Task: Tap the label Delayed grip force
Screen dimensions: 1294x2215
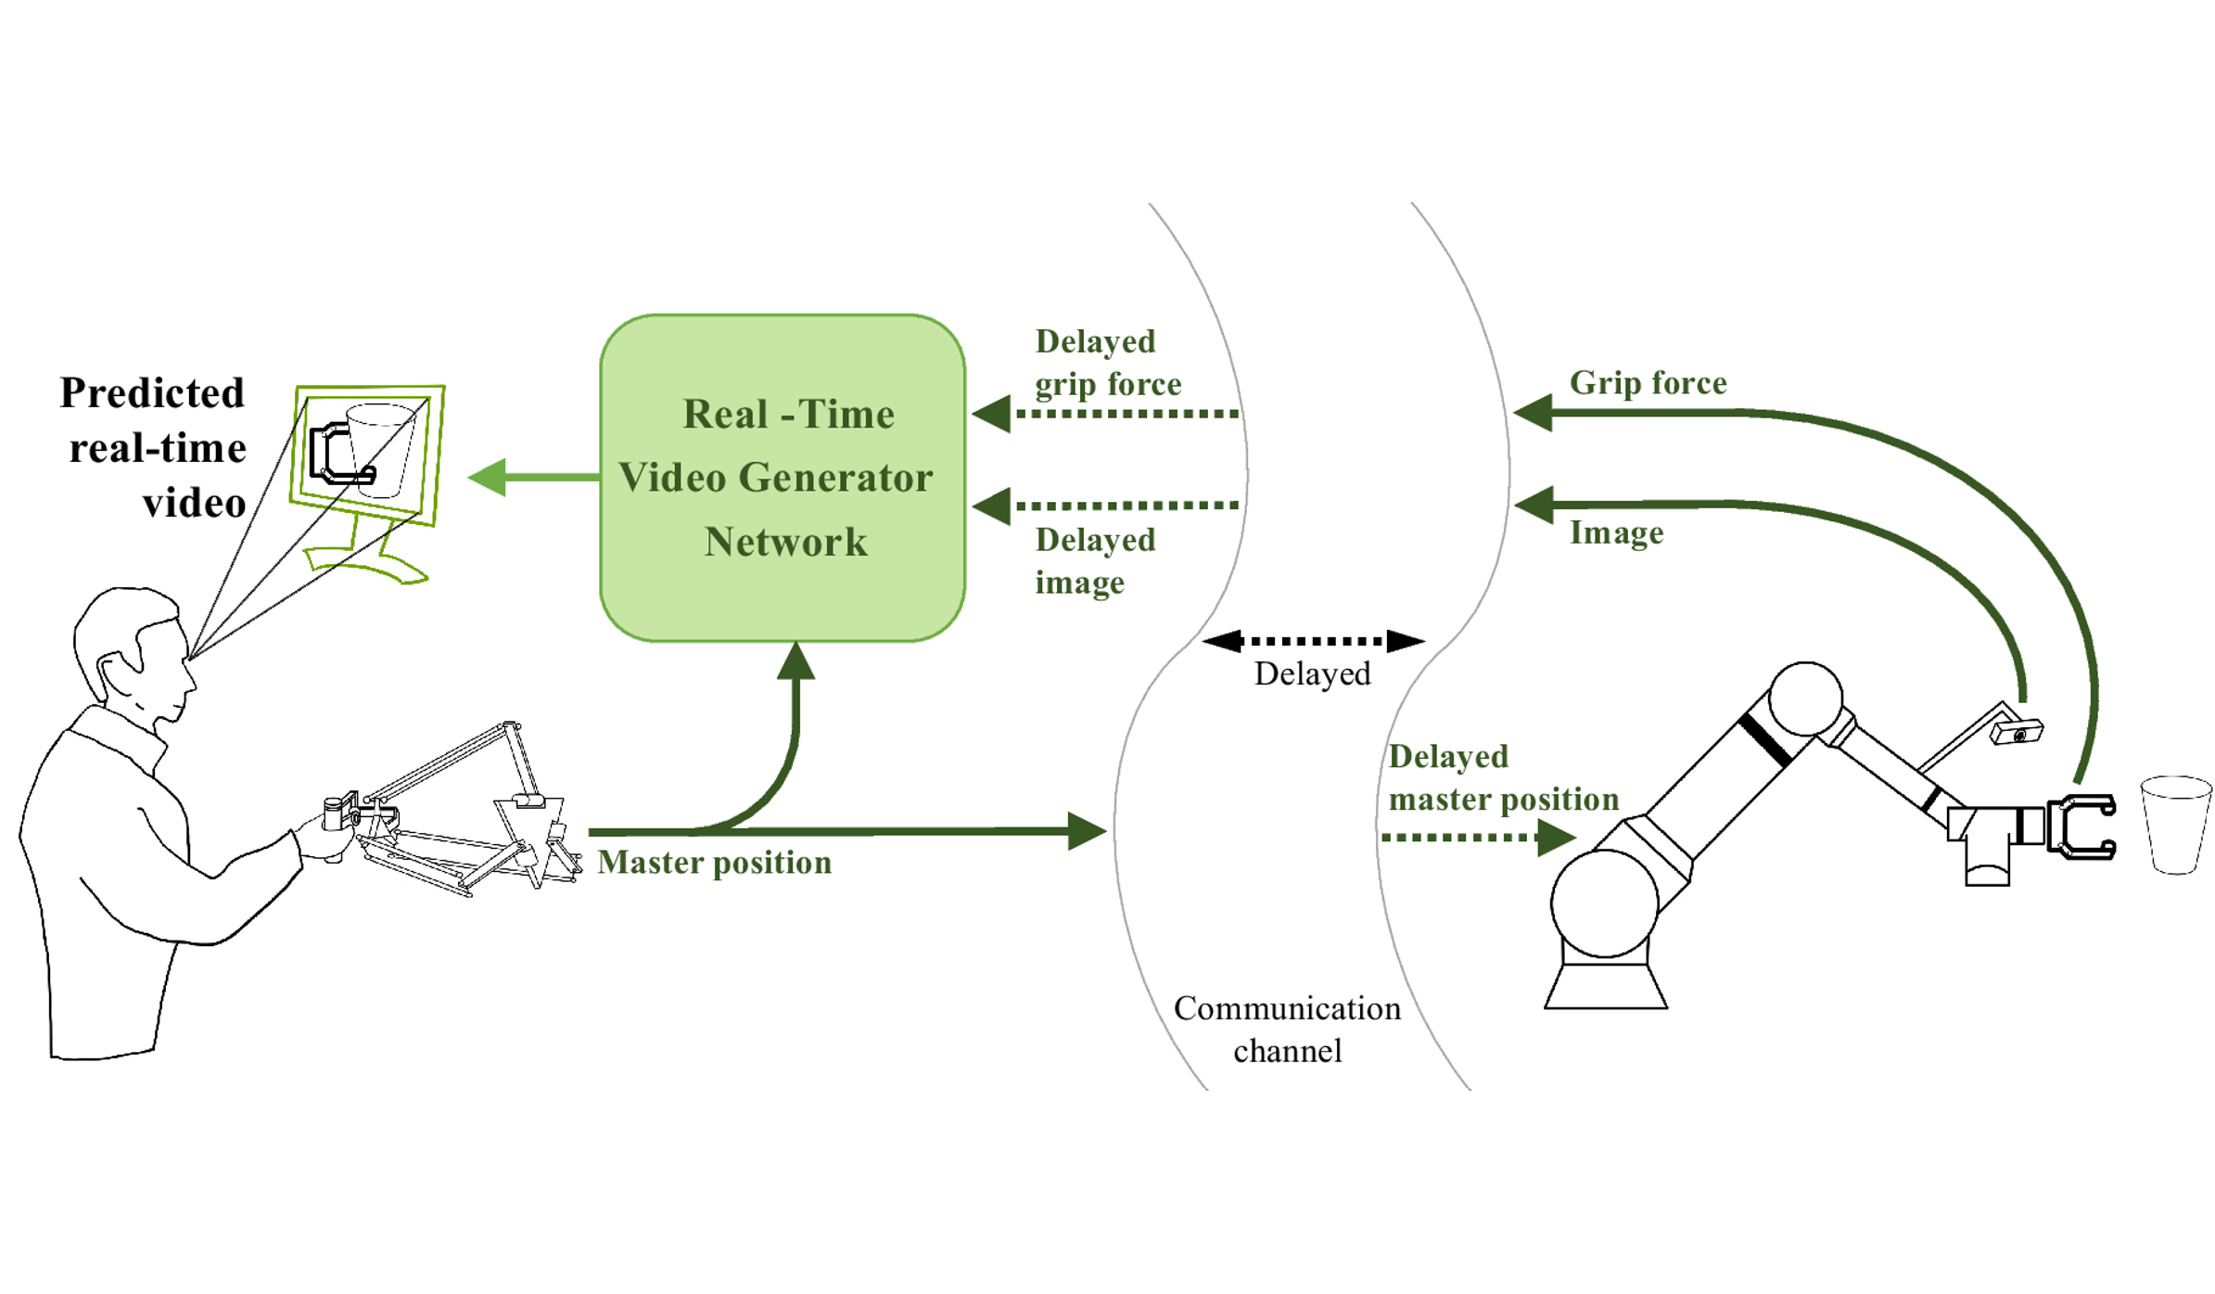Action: coord(1107,363)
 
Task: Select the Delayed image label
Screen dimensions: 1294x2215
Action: coord(1094,561)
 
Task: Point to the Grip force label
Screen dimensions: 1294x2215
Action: coord(1647,383)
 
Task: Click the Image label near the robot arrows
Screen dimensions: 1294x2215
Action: coord(1615,533)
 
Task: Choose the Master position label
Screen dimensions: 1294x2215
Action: coord(714,863)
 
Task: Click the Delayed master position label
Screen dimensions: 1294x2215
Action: coord(1502,777)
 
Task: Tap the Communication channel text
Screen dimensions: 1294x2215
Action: coord(1286,1029)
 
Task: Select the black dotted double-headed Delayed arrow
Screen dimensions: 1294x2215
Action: coord(1312,640)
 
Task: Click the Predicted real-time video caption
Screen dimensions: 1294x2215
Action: coord(155,448)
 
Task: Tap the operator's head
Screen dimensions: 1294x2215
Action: coord(134,649)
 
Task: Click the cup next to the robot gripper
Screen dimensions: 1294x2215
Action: coord(2175,825)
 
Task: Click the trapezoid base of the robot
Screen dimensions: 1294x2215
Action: coord(1605,985)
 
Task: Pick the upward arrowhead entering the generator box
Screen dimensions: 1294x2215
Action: coord(796,660)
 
